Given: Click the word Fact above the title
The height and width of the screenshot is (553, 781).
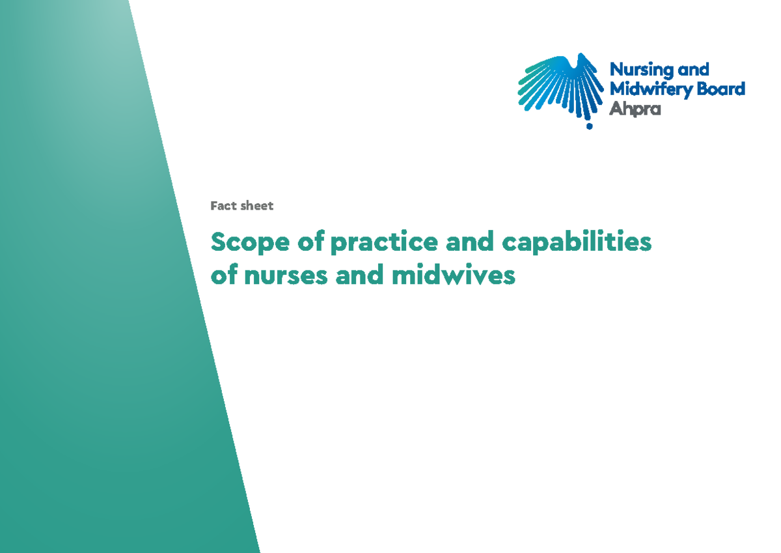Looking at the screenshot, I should point(223,206).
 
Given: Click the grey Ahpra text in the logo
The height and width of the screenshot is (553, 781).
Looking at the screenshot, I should point(635,109).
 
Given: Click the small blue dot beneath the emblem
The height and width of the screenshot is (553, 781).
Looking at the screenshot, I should point(589,126).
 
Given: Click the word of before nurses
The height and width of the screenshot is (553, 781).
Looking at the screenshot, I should point(224,276).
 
